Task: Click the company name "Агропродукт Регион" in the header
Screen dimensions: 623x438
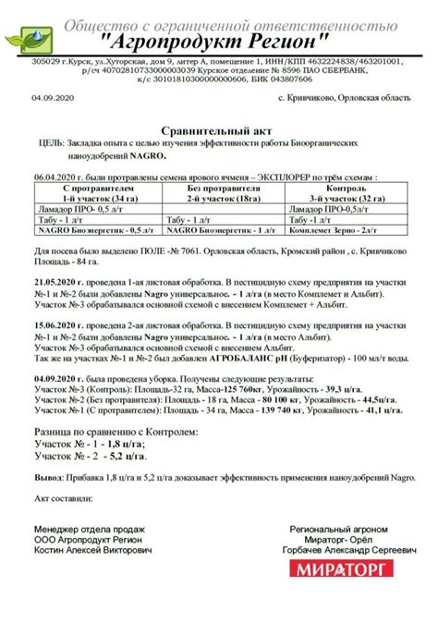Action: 213,43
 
